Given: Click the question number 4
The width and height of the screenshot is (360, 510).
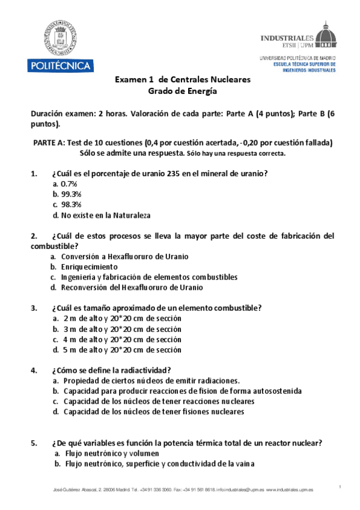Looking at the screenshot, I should click(34, 370).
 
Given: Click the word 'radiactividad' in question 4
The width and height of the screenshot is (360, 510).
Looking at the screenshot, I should click(144, 370).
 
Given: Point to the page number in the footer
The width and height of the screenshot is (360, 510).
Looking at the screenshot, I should click(340, 486).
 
